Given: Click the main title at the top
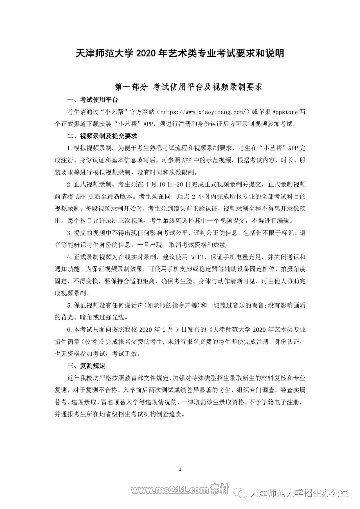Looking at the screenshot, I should click(180, 53).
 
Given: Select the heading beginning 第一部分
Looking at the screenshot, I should click(189, 87).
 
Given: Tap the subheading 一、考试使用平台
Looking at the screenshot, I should click(92, 100).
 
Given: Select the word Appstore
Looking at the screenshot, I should click(286, 112).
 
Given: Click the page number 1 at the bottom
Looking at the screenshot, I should click(180, 469).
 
